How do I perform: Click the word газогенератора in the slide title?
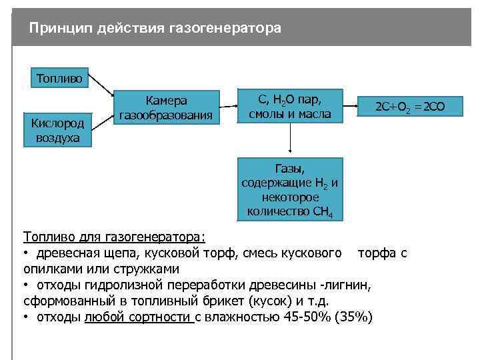pos(226,29)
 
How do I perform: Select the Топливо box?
pos(60,79)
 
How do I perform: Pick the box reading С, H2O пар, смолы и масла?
pos(290,107)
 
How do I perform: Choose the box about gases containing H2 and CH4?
pos(290,189)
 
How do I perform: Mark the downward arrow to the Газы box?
pos(290,140)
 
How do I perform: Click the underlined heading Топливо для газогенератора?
pos(115,237)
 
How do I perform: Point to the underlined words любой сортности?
pos(138,317)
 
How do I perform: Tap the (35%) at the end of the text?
pos(356,317)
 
